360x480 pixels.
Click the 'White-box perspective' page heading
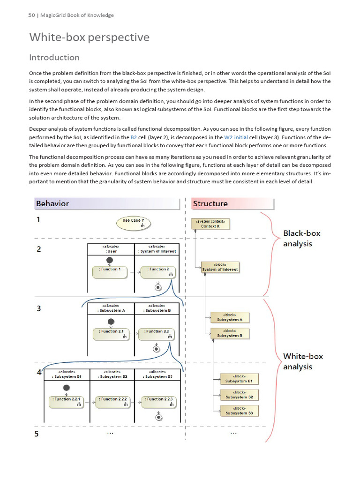point(90,37)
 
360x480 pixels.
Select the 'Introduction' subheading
point(54,58)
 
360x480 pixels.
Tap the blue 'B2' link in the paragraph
point(133,137)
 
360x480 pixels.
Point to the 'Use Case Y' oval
point(134,223)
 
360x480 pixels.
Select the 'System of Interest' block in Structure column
point(220,267)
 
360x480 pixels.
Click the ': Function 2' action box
point(158,271)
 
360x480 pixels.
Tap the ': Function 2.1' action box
point(110,334)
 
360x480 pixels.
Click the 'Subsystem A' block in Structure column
point(230,317)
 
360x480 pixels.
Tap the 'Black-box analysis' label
point(302,238)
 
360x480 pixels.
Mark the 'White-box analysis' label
point(303,361)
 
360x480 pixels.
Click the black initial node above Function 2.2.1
point(67,388)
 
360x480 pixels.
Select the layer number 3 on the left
point(39,308)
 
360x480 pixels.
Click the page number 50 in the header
point(31,15)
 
